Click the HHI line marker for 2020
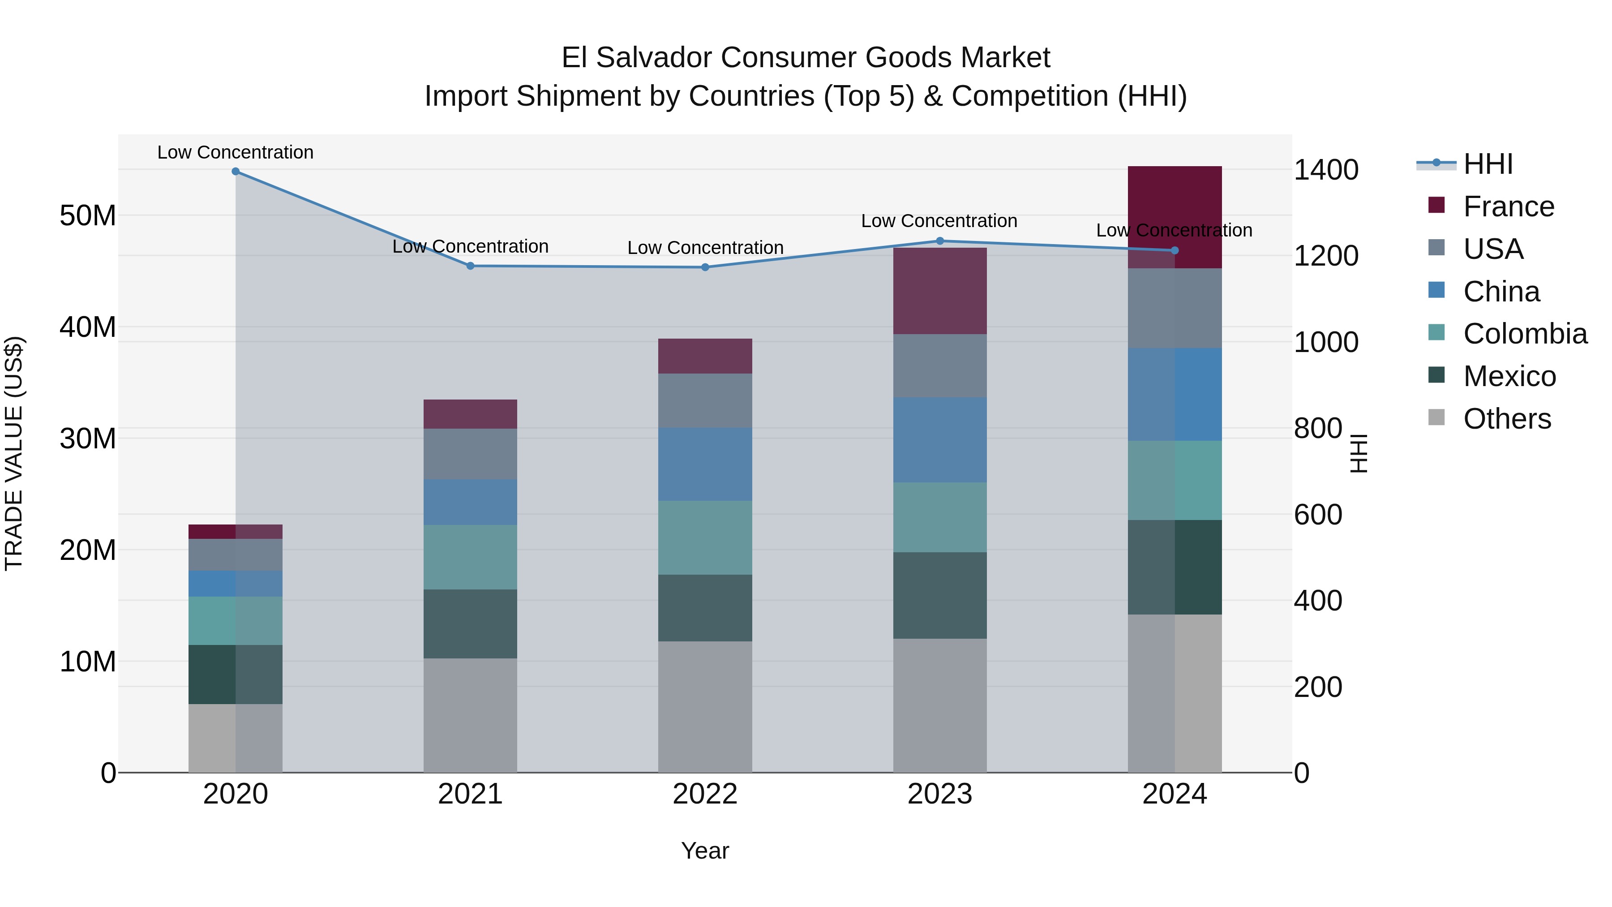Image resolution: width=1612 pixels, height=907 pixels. (235, 172)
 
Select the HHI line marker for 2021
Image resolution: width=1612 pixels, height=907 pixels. (471, 266)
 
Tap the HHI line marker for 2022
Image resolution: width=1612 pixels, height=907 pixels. (705, 267)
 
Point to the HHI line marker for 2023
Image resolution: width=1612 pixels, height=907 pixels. (940, 241)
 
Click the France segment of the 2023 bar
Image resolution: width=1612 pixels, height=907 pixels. (940, 291)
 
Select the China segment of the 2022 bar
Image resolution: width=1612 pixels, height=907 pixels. (705, 464)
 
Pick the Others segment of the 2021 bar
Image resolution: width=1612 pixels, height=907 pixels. (471, 715)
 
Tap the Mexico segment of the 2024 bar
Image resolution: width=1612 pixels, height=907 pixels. (1175, 567)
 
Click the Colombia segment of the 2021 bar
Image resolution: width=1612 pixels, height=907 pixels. (471, 557)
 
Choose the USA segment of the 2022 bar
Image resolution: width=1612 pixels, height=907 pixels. (705, 400)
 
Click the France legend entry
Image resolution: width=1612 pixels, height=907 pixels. (1508, 206)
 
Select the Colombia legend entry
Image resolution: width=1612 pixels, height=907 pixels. (1524, 334)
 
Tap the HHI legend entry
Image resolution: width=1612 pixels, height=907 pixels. (1488, 164)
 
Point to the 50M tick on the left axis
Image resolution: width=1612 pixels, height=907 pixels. (88, 215)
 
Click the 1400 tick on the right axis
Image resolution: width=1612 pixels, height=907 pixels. (1325, 170)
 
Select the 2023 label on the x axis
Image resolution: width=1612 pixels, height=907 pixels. (940, 794)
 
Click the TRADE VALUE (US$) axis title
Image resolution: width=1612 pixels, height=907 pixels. (14, 453)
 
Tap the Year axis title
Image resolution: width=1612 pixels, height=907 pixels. (705, 851)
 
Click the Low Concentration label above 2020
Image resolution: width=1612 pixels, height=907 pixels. (235, 152)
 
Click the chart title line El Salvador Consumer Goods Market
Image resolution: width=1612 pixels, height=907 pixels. (806, 58)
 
